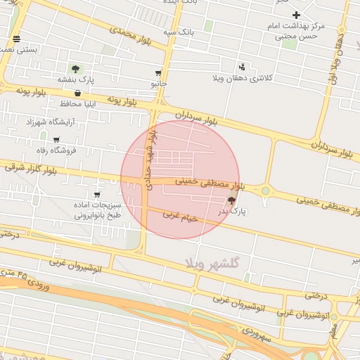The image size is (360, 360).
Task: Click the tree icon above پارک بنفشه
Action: point(75,69)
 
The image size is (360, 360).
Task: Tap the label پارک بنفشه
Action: point(75,79)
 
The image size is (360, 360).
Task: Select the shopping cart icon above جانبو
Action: point(158,73)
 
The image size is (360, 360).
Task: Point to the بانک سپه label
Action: point(178,32)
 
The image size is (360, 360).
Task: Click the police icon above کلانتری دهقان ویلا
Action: point(243,67)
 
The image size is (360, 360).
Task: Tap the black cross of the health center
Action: point(297,15)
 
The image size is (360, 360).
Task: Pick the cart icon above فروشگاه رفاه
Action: point(56,140)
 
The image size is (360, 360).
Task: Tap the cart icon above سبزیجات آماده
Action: point(97,194)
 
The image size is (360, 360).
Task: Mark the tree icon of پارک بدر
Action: point(232,200)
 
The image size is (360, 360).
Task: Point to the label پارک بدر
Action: point(232,211)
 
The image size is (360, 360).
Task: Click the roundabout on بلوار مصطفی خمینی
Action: point(266,190)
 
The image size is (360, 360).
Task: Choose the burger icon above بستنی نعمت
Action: point(16,39)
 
